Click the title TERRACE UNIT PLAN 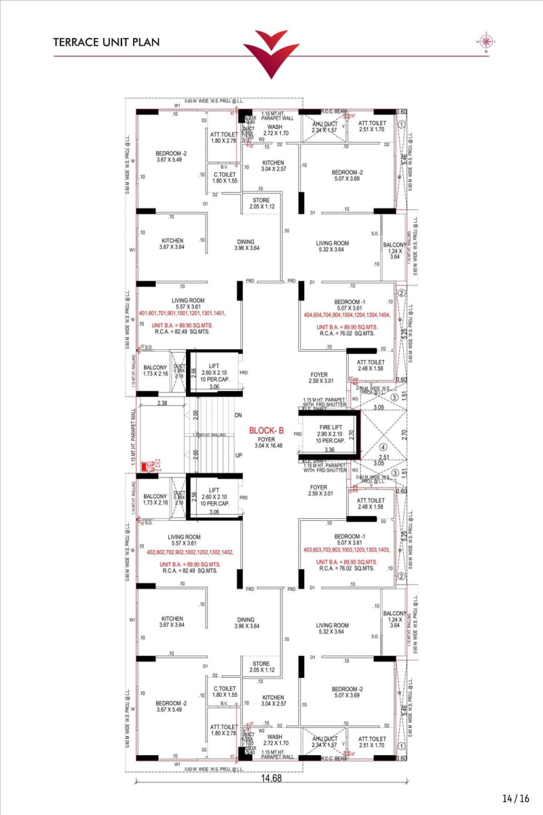click(107, 42)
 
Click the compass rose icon click(486, 41)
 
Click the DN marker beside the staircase click(238, 415)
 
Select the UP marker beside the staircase click(238, 455)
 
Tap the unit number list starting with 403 click(348, 549)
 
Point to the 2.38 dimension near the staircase click(163, 403)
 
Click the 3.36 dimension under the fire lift click(329, 450)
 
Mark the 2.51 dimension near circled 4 click(384, 457)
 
